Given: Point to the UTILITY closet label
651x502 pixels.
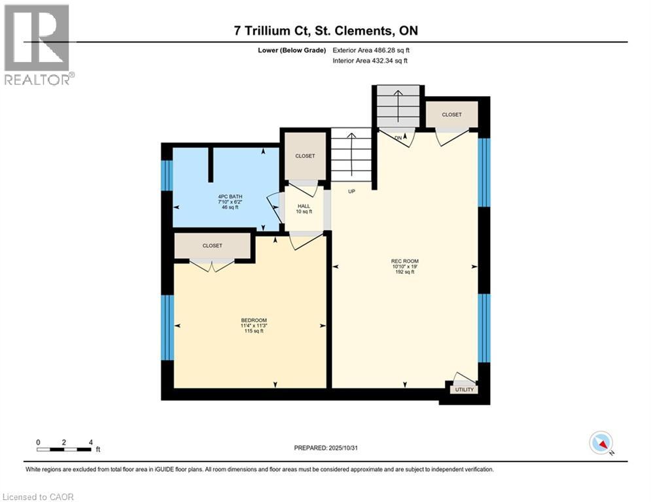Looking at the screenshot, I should (x=465, y=390).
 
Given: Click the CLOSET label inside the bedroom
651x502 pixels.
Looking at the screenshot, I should (x=212, y=246).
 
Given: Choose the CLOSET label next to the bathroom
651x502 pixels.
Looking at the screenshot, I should (x=305, y=156).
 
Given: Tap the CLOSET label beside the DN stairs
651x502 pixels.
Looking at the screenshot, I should (x=451, y=115).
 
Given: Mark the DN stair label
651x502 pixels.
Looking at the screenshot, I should (x=399, y=137).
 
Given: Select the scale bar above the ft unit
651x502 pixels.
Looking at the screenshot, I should (x=63, y=449).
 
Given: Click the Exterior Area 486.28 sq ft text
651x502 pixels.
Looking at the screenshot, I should (x=372, y=50).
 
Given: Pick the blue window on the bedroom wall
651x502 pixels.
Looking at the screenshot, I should (x=167, y=327).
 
